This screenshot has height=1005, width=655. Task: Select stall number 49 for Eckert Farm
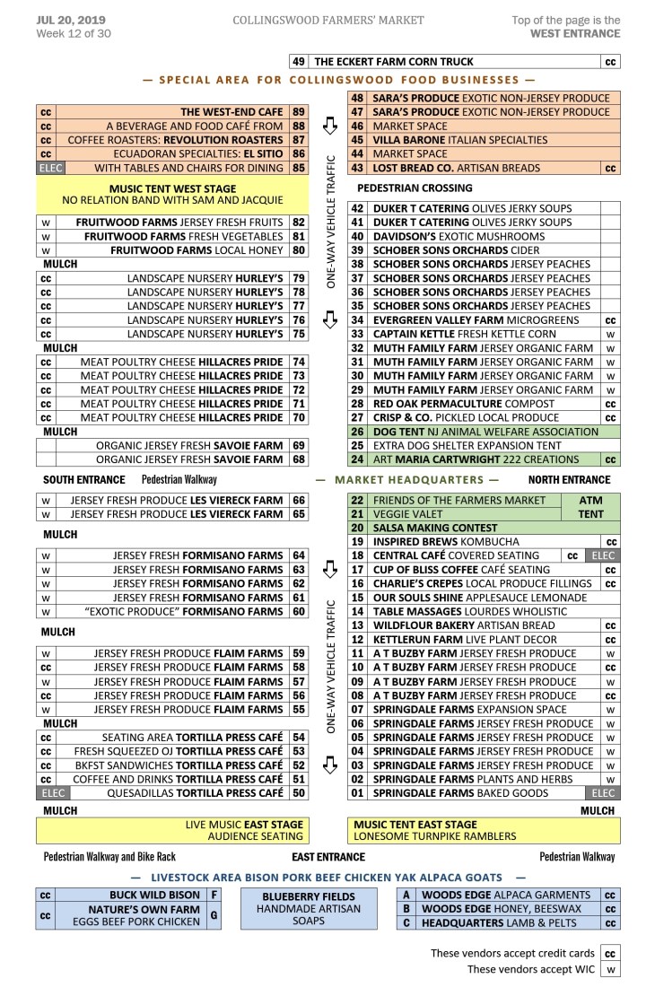[299, 62]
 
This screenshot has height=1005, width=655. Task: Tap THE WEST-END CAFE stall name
[231, 112]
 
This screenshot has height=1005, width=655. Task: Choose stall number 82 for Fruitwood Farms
[299, 222]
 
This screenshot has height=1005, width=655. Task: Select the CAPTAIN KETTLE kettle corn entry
[464, 334]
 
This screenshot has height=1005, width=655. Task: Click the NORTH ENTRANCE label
[569, 480]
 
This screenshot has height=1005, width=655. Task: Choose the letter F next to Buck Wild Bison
[214, 895]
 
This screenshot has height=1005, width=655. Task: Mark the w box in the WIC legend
[610, 969]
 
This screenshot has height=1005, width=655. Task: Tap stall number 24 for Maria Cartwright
[357, 459]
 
